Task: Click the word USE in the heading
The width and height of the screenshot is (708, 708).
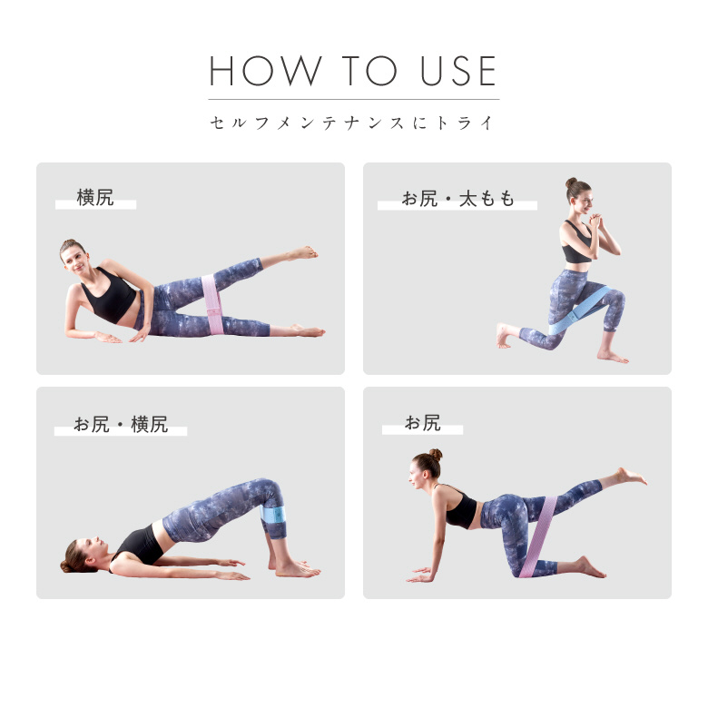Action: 458,71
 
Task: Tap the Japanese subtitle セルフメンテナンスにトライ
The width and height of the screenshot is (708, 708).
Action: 352,123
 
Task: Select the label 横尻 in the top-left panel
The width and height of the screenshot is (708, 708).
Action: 95,198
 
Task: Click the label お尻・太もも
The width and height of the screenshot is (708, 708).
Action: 457,199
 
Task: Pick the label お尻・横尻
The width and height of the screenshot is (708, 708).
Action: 121,425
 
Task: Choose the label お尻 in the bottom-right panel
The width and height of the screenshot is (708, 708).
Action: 423,423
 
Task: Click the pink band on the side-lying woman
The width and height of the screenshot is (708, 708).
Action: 212,304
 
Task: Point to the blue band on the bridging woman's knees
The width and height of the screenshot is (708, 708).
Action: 273,514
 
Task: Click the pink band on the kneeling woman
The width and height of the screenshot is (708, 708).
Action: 538,536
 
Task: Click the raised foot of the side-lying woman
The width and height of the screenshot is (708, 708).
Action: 304,253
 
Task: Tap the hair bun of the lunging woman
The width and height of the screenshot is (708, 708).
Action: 571,182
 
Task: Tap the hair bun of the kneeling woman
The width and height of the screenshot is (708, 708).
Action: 436,454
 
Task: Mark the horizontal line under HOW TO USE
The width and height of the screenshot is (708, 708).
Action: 354,99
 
